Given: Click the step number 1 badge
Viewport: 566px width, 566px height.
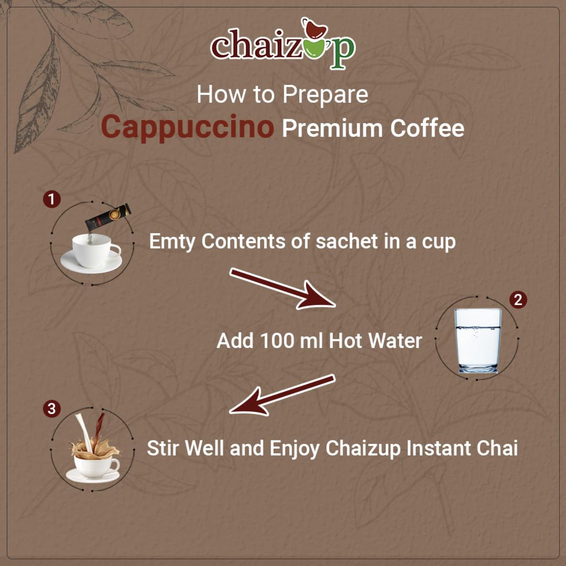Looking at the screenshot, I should pyautogui.click(x=52, y=199).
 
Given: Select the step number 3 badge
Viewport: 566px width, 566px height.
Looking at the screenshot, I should pyautogui.click(x=52, y=408).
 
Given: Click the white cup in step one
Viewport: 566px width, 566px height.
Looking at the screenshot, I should pyautogui.click(x=92, y=252).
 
